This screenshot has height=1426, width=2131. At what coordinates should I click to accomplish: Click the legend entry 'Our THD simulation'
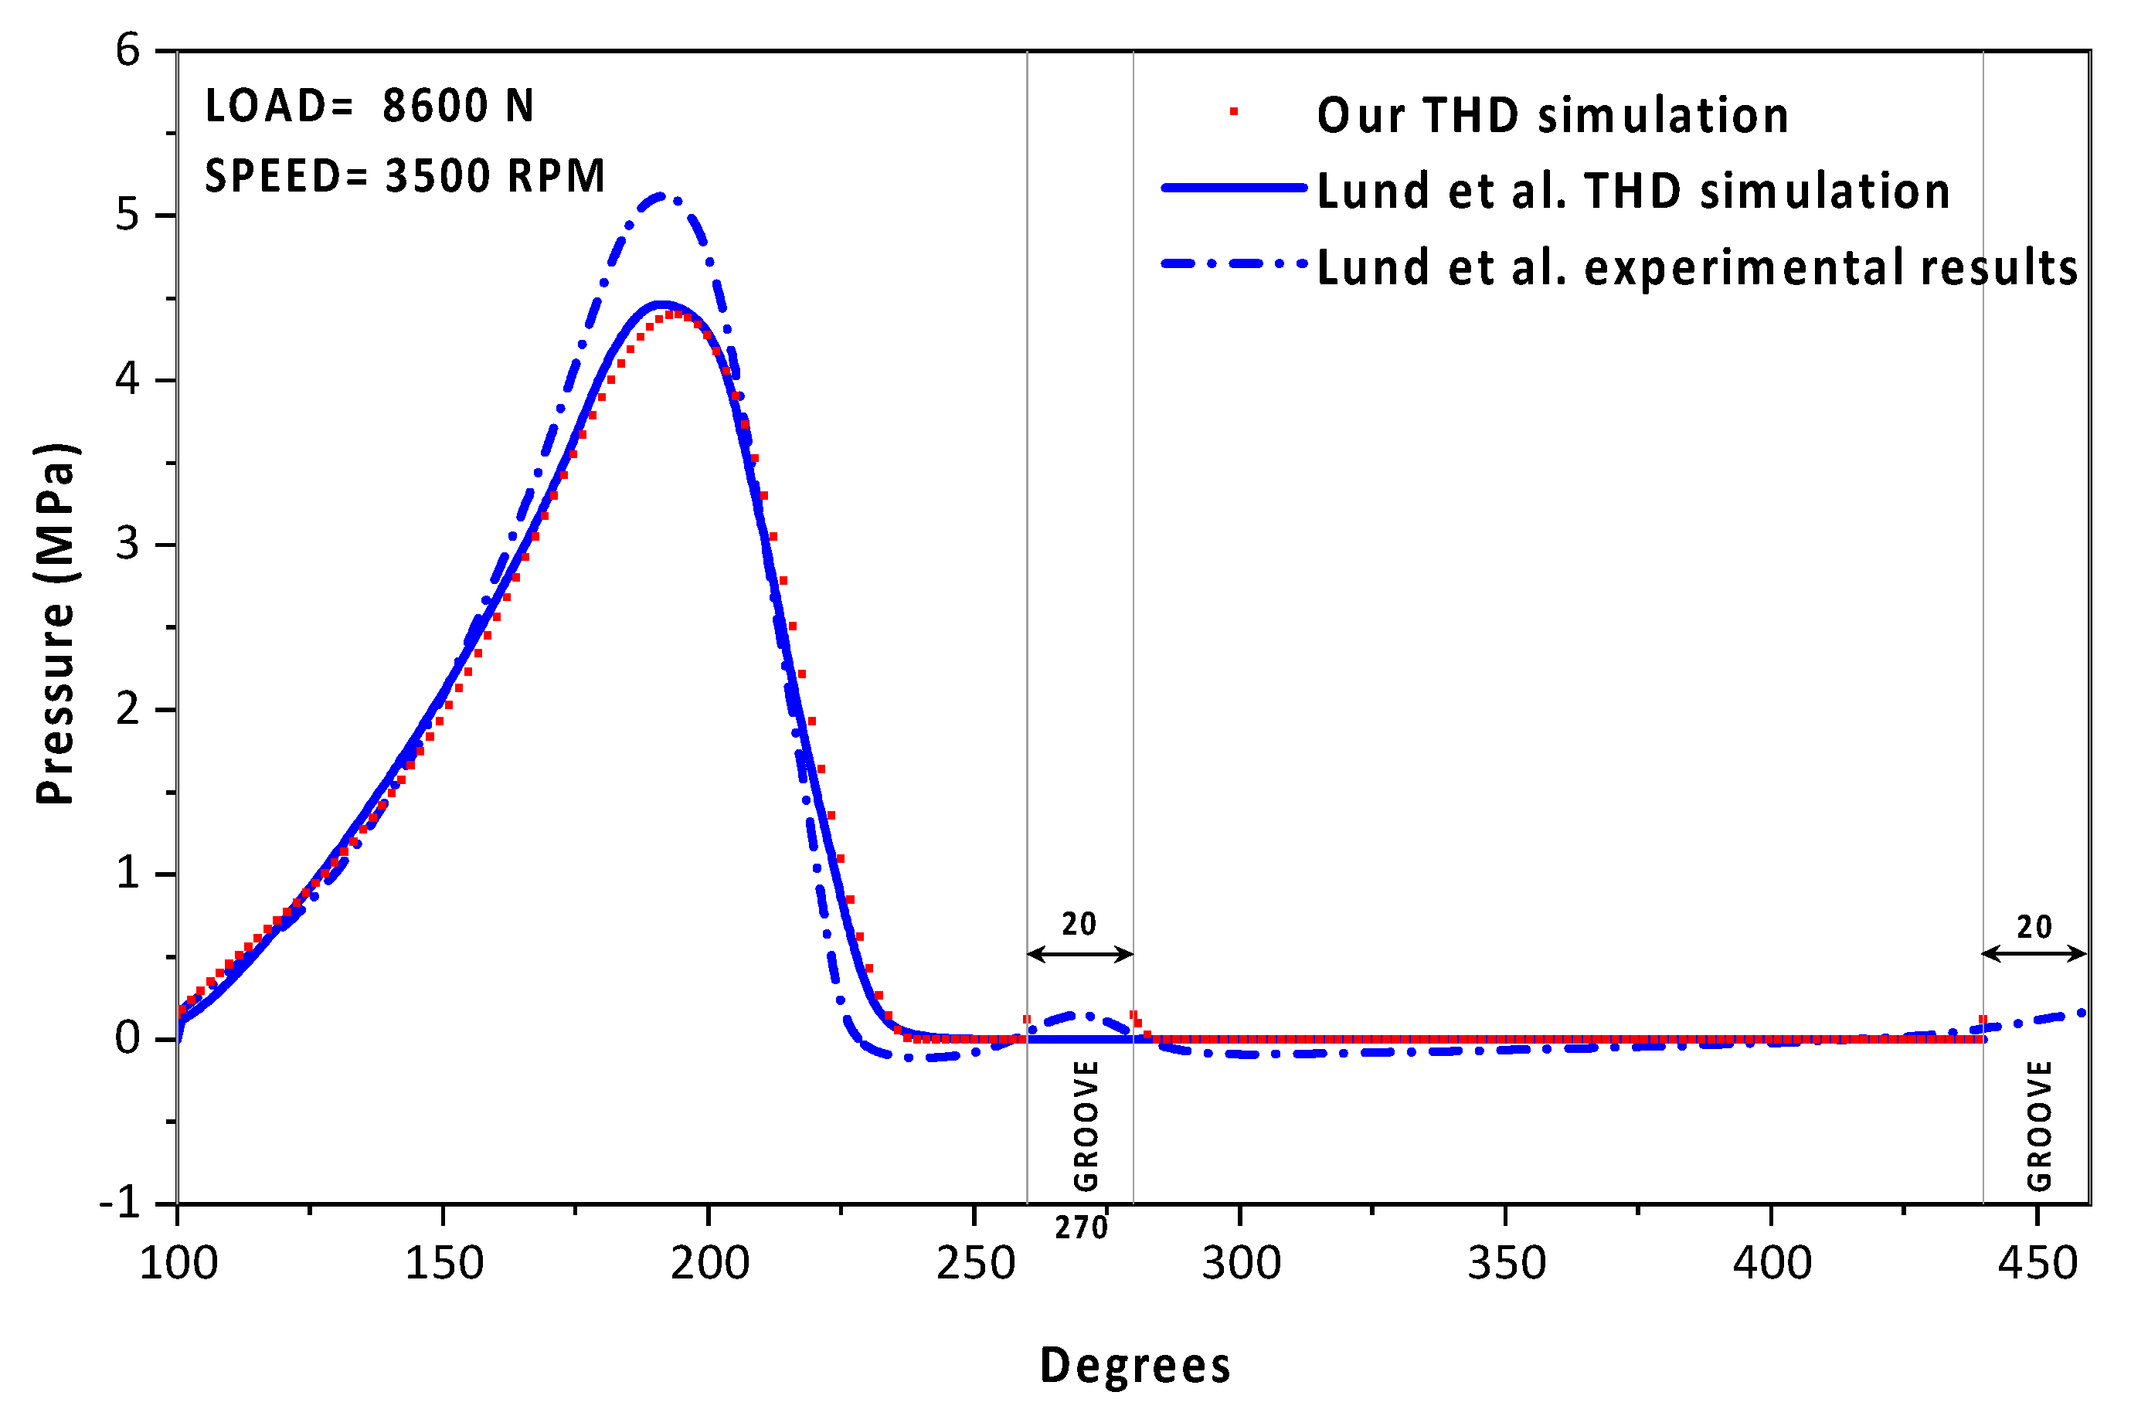(x=1552, y=116)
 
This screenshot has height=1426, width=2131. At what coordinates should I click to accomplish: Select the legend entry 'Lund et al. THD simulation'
(x=1633, y=191)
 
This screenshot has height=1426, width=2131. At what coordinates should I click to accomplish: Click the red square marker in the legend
(x=1234, y=112)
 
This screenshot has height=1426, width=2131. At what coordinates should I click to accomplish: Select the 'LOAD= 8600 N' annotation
(x=369, y=107)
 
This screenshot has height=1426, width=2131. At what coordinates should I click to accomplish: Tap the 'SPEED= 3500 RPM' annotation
(x=405, y=176)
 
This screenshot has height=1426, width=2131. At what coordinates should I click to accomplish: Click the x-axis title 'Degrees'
(x=1134, y=1365)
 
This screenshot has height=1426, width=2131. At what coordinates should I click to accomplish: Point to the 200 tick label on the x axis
(x=709, y=1263)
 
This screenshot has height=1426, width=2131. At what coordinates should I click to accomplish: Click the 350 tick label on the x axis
(x=1506, y=1263)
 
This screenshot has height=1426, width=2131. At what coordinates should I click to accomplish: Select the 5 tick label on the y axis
(x=127, y=216)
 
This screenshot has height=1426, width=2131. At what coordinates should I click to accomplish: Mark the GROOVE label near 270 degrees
(x=1086, y=1125)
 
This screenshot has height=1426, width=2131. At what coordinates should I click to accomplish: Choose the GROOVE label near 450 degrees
(x=2039, y=1125)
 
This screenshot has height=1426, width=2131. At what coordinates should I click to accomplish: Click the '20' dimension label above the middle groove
(x=1079, y=924)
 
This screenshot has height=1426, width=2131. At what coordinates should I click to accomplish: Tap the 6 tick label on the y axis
(x=127, y=50)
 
